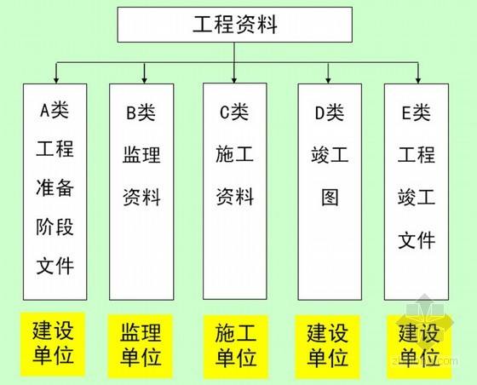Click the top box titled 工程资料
point(235,25)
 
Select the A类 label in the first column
point(55,110)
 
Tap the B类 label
point(141,112)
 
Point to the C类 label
point(234,112)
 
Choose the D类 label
point(330,112)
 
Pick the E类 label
point(417,112)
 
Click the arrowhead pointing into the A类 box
point(56,80)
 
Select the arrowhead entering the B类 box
point(145,80)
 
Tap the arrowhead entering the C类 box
point(234,79)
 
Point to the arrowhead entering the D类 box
point(328,80)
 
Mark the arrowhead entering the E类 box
point(418,80)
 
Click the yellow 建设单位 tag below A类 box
point(53,344)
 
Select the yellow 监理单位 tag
point(141,346)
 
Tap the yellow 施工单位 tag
point(236,347)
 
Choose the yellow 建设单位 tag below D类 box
point(327,347)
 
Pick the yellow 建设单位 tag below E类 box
point(419,347)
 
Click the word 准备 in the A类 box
point(55,187)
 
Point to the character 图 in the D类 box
point(330,198)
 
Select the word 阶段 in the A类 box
point(55,227)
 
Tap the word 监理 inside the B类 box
point(141,155)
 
